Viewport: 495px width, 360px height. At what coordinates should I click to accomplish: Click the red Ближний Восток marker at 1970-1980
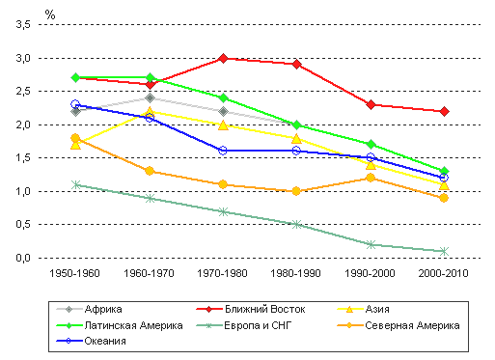point(223,58)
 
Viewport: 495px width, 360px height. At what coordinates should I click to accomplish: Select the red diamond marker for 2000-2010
point(444,111)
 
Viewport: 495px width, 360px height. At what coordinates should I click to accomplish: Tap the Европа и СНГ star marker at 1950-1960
point(76,184)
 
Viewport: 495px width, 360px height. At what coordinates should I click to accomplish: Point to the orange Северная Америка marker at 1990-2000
point(371,178)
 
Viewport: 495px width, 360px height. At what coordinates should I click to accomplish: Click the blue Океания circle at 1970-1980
point(223,151)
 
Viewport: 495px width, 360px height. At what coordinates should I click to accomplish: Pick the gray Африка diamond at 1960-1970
point(150,97)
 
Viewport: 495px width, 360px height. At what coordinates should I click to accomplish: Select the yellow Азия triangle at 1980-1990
point(296,139)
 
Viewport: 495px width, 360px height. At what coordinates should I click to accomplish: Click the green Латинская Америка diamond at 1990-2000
point(371,144)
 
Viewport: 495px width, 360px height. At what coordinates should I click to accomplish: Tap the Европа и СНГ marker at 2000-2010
point(444,251)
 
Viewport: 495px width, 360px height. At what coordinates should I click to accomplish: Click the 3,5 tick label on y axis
point(23,24)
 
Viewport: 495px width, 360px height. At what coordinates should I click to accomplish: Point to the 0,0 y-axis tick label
point(23,258)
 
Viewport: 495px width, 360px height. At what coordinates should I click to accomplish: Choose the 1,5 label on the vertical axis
point(23,157)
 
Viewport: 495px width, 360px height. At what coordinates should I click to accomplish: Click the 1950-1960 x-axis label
point(74,273)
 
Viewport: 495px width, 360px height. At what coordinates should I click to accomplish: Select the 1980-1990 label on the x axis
point(295,273)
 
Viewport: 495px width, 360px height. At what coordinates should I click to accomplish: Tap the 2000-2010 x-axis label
point(443,273)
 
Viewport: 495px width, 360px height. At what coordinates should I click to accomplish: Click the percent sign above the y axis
point(50,14)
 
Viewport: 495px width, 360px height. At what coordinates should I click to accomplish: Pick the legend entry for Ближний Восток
point(251,309)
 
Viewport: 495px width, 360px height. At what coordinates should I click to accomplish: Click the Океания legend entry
point(91,341)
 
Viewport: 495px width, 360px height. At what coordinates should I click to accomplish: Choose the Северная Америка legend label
point(399,325)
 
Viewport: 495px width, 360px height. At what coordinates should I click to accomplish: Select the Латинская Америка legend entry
point(120,325)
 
